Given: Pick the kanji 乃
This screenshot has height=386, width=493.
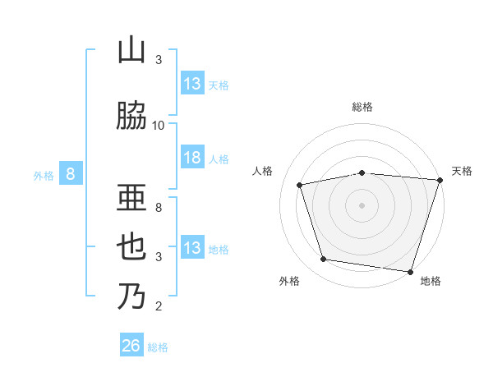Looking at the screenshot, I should [x=131, y=296].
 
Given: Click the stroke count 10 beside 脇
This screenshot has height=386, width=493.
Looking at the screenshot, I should [x=159, y=125].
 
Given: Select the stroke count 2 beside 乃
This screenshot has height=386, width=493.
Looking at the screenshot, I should [x=159, y=307].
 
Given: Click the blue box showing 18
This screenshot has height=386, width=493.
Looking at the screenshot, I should [x=192, y=159].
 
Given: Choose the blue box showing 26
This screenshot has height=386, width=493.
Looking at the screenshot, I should [x=131, y=347].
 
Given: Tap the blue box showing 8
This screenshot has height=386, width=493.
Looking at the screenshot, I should [x=71, y=174].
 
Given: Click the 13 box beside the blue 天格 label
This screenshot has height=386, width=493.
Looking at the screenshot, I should [x=192, y=84].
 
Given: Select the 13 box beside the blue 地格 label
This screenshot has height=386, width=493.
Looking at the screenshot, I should [x=192, y=248].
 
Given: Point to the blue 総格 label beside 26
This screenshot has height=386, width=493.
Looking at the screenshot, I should [x=159, y=347].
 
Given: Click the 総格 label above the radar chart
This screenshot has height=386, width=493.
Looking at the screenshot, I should [x=362, y=107].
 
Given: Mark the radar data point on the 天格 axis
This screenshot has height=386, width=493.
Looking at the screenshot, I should [x=440, y=180].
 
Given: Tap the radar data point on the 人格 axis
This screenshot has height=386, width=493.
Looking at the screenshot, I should [x=300, y=185].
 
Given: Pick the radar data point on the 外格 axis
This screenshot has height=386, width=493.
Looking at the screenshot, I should [x=324, y=260].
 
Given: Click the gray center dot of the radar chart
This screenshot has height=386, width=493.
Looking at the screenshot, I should [x=362, y=204].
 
